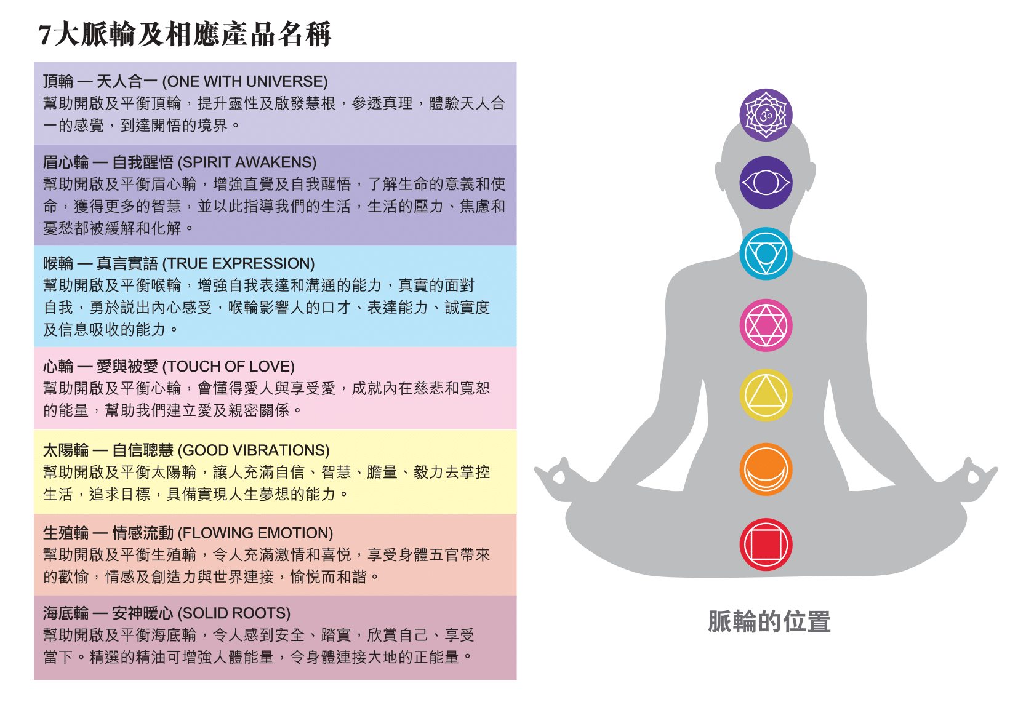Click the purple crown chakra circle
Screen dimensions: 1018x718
(x=766, y=115)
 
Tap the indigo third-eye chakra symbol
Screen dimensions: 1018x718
(x=766, y=183)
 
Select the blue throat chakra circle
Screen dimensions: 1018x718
(x=766, y=253)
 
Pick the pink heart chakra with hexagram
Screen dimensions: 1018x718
(x=766, y=325)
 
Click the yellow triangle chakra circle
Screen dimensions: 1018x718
(x=766, y=395)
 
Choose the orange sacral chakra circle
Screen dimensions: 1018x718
(x=766, y=469)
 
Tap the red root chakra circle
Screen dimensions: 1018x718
(x=766, y=544)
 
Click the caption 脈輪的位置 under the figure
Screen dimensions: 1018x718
(x=769, y=621)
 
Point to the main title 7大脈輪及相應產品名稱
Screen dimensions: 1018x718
(x=185, y=34)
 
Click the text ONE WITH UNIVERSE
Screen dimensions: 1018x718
(x=245, y=82)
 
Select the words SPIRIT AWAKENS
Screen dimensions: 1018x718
(x=247, y=162)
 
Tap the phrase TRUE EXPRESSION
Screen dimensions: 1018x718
(x=239, y=264)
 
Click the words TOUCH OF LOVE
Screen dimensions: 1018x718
(x=228, y=367)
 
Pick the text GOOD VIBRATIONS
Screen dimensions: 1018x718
(x=254, y=450)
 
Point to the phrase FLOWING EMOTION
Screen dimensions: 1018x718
(x=255, y=533)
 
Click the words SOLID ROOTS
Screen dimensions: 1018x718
(x=234, y=613)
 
